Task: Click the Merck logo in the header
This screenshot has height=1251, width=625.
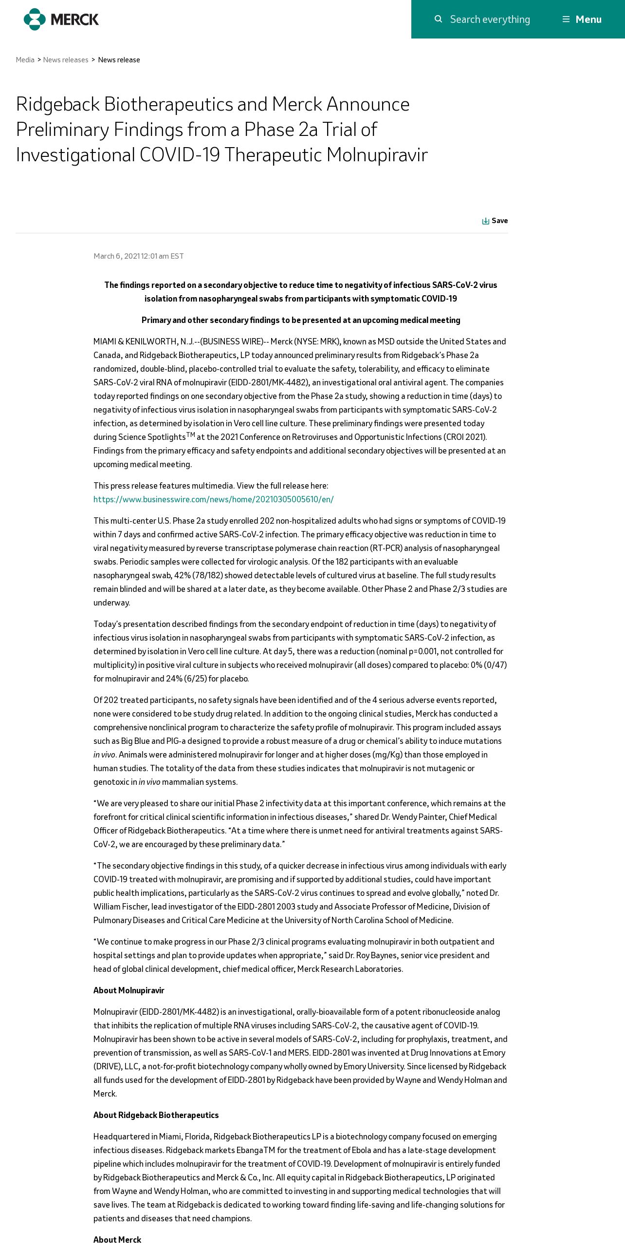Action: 61,19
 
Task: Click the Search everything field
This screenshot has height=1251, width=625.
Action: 490,19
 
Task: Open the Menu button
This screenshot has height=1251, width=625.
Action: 582,19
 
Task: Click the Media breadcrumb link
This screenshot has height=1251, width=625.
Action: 25,60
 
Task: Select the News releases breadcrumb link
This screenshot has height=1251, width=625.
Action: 66,60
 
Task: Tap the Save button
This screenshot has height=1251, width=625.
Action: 495,221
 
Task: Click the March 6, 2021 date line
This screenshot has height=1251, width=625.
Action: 139,256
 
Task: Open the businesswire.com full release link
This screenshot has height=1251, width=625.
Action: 213,499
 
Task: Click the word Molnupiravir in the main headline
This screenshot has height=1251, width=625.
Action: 377,155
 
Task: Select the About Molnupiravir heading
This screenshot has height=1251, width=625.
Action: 129,990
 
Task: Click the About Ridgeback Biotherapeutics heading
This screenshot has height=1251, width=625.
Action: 156,1115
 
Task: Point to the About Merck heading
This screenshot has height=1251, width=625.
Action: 117,1240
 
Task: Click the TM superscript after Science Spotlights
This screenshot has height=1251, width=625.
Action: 190,435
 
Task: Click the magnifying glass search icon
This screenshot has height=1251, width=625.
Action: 438,19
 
